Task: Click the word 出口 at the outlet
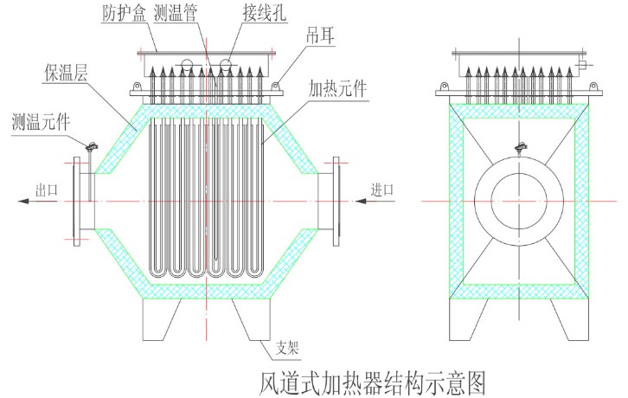click(46, 189)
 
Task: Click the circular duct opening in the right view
click(517, 201)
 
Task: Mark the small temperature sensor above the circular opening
click(518, 149)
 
